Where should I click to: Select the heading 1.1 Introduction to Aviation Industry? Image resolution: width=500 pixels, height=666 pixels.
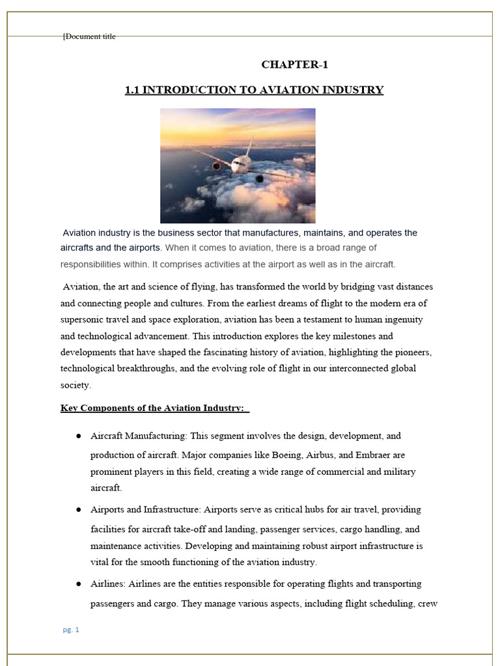point(254,90)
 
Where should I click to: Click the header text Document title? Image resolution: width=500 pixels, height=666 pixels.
point(90,36)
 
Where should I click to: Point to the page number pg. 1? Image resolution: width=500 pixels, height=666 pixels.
point(70,630)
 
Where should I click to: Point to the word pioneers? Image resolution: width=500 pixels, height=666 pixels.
point(409,352)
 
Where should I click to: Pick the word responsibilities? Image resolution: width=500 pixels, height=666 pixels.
point(94,264)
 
